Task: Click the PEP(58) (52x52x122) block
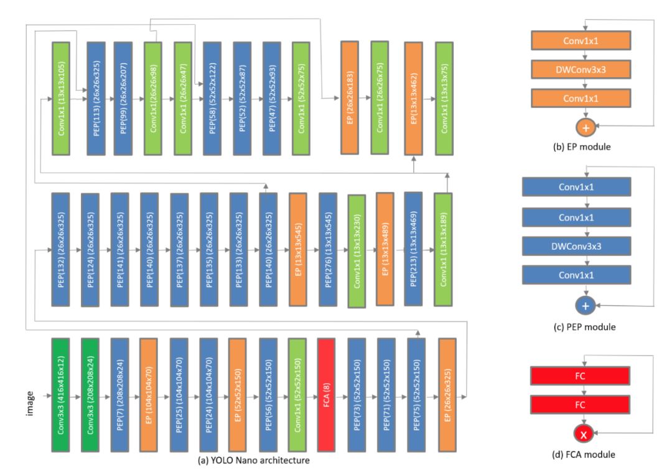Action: (210, 98)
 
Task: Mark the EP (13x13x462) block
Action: (414, 98)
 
